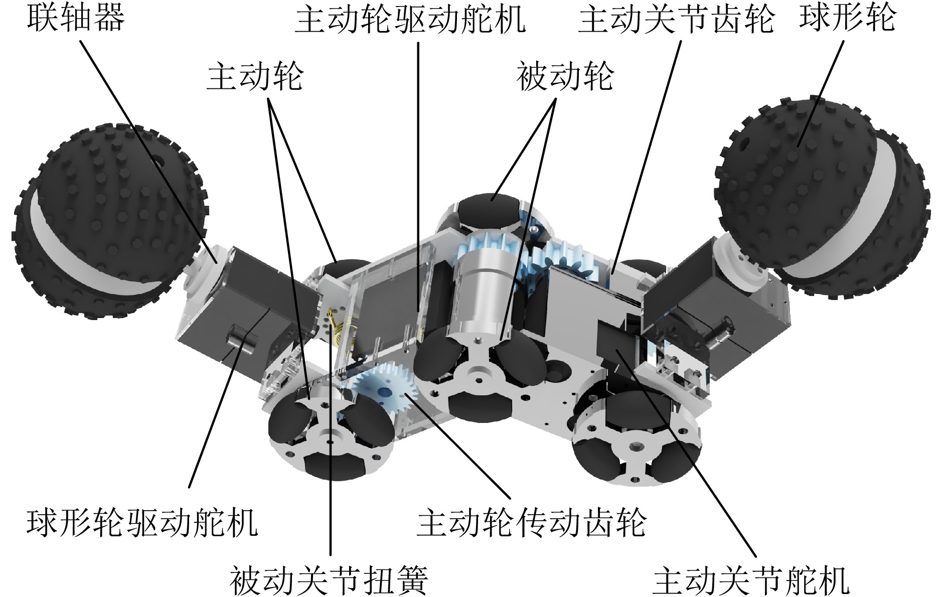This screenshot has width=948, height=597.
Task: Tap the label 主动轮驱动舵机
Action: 410,19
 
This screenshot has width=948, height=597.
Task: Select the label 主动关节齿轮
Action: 676,19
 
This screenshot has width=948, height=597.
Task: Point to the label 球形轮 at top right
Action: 847,18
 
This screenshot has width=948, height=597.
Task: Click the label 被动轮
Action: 565,77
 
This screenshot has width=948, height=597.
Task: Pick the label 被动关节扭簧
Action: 329,579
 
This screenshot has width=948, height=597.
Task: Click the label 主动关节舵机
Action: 751,579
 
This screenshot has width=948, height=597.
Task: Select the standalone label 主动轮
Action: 255,77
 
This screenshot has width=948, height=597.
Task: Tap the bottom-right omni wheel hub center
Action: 636,444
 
